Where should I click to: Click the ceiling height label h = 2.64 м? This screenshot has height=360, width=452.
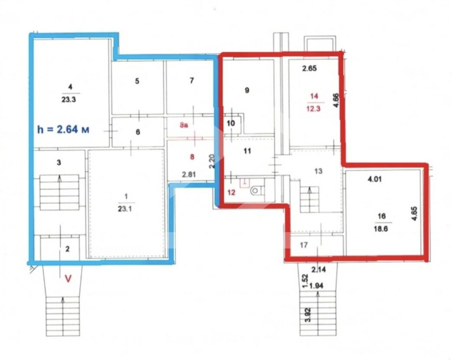point(63,130)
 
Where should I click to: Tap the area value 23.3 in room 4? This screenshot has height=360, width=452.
point(68,100)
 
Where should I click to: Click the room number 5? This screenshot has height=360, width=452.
point(137,81)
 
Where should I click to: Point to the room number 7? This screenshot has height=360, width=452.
point(192,81)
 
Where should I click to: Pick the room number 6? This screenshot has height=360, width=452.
point(138,132)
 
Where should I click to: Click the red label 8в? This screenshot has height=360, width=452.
point(184,125)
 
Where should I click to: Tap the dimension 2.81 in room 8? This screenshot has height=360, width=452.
point(189,175)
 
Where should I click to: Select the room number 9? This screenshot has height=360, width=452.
point(247,90)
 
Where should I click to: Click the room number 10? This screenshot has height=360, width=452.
point(231,123)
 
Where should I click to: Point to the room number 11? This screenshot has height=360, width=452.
point(247,151)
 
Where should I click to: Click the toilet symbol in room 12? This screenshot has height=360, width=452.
point(256,190)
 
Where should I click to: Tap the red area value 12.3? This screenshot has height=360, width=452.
point(313,109)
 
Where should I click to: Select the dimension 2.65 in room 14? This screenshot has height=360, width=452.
point(309,68)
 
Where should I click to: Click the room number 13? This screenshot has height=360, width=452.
point(318,172)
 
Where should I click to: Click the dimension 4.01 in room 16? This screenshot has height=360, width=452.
point(375,179)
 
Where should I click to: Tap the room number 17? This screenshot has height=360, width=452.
point(304,245)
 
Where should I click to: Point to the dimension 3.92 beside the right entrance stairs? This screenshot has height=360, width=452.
point(308,315)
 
